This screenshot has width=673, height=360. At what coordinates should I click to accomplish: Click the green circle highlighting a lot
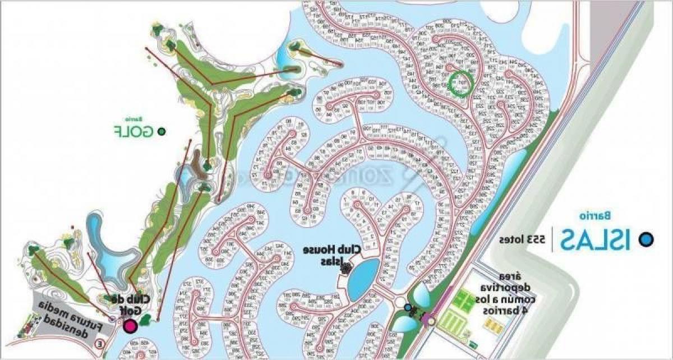click(461, 84)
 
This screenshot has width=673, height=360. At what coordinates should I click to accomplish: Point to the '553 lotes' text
click(523, 239)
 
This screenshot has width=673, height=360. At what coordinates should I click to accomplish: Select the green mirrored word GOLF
click(133, 132)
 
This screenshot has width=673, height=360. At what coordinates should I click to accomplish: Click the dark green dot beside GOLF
click(162, 132)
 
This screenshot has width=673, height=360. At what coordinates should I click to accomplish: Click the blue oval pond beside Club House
click(363, 278)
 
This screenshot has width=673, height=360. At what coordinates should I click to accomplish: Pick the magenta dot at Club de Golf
click(131, 326)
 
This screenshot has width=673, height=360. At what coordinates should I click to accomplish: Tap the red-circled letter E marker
click(100, 344)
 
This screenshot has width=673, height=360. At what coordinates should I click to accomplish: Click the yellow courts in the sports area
click(491, 325)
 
